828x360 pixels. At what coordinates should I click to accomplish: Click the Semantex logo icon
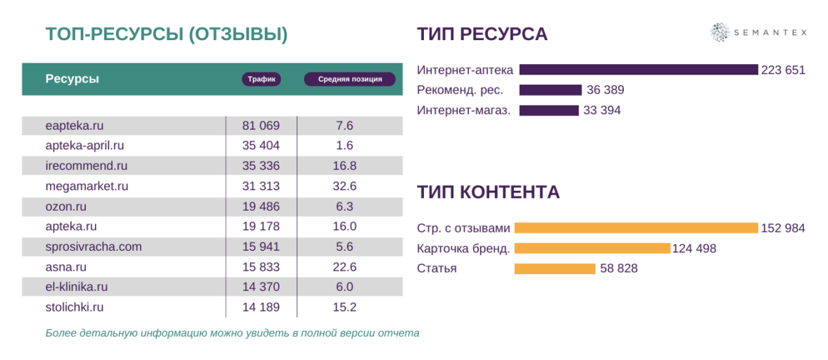(x=720, y=32)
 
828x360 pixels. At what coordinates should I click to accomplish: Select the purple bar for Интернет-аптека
(x=638, y=70)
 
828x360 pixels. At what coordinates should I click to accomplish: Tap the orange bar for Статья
(x=555, y=268)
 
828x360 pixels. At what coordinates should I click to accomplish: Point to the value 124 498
(x=694, y=248)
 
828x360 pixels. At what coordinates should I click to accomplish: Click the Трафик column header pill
(x=261, y=80)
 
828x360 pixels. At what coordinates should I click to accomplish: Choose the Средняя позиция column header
(x=350, y=80)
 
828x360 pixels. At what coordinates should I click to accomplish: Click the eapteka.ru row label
(x=75, y=125)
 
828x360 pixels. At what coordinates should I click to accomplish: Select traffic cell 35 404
(x=261, y=146)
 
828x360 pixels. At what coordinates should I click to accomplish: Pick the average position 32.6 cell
(x=344, y=187)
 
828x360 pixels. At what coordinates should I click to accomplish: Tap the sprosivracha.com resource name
(x=94, y=247)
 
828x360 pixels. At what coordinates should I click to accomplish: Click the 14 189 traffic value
(x=261, y=307)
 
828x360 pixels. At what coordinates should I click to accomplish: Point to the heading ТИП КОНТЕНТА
(x=488, y=192)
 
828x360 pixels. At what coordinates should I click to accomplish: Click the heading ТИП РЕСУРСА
(x=482, y=34)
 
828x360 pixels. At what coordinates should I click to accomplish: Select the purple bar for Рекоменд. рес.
(x=550, y=90)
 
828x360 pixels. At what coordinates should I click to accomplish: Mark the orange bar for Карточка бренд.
(x=592, y=248)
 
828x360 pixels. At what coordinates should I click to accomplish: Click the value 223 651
(x=783, y=70)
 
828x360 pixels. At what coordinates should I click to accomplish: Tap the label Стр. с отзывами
(x=463, y=228)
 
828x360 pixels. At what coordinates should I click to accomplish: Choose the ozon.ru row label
(x=66, y=206)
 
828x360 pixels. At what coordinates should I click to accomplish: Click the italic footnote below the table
(x=232, y=333)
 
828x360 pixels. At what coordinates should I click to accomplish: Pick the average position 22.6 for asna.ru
(x=344, y=267)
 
